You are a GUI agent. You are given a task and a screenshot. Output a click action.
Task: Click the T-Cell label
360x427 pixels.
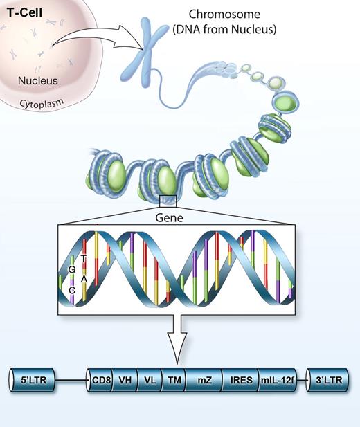(22, 14)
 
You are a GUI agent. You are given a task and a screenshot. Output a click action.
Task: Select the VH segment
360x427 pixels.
(126, 380)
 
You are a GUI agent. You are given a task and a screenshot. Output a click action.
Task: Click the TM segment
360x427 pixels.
(173, 380)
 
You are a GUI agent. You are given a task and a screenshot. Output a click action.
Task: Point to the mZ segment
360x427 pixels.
(203, 380)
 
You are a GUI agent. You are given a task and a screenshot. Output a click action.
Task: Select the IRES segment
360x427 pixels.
(239, 380)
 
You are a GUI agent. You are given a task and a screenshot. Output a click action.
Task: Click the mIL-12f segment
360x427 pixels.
(276, 380)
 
